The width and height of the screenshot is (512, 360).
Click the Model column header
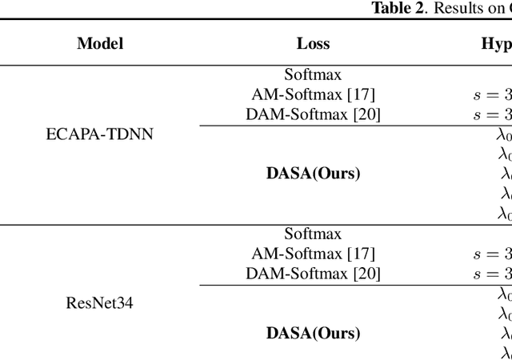(100, 44)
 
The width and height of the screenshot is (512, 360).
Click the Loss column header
(313, 44)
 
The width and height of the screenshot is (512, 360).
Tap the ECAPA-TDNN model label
(100, 134)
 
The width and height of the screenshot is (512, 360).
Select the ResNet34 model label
(100, 303)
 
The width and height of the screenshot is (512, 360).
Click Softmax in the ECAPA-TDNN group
(313, 75)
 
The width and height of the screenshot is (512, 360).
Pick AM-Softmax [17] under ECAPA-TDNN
(313, 94)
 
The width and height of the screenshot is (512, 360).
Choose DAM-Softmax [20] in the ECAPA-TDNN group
(313, 114)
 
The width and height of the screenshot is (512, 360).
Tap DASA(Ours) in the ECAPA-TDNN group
(313, 173)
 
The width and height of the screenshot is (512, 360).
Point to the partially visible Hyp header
(496, 44)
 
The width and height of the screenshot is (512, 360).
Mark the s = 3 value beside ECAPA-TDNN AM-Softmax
(491, 95)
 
